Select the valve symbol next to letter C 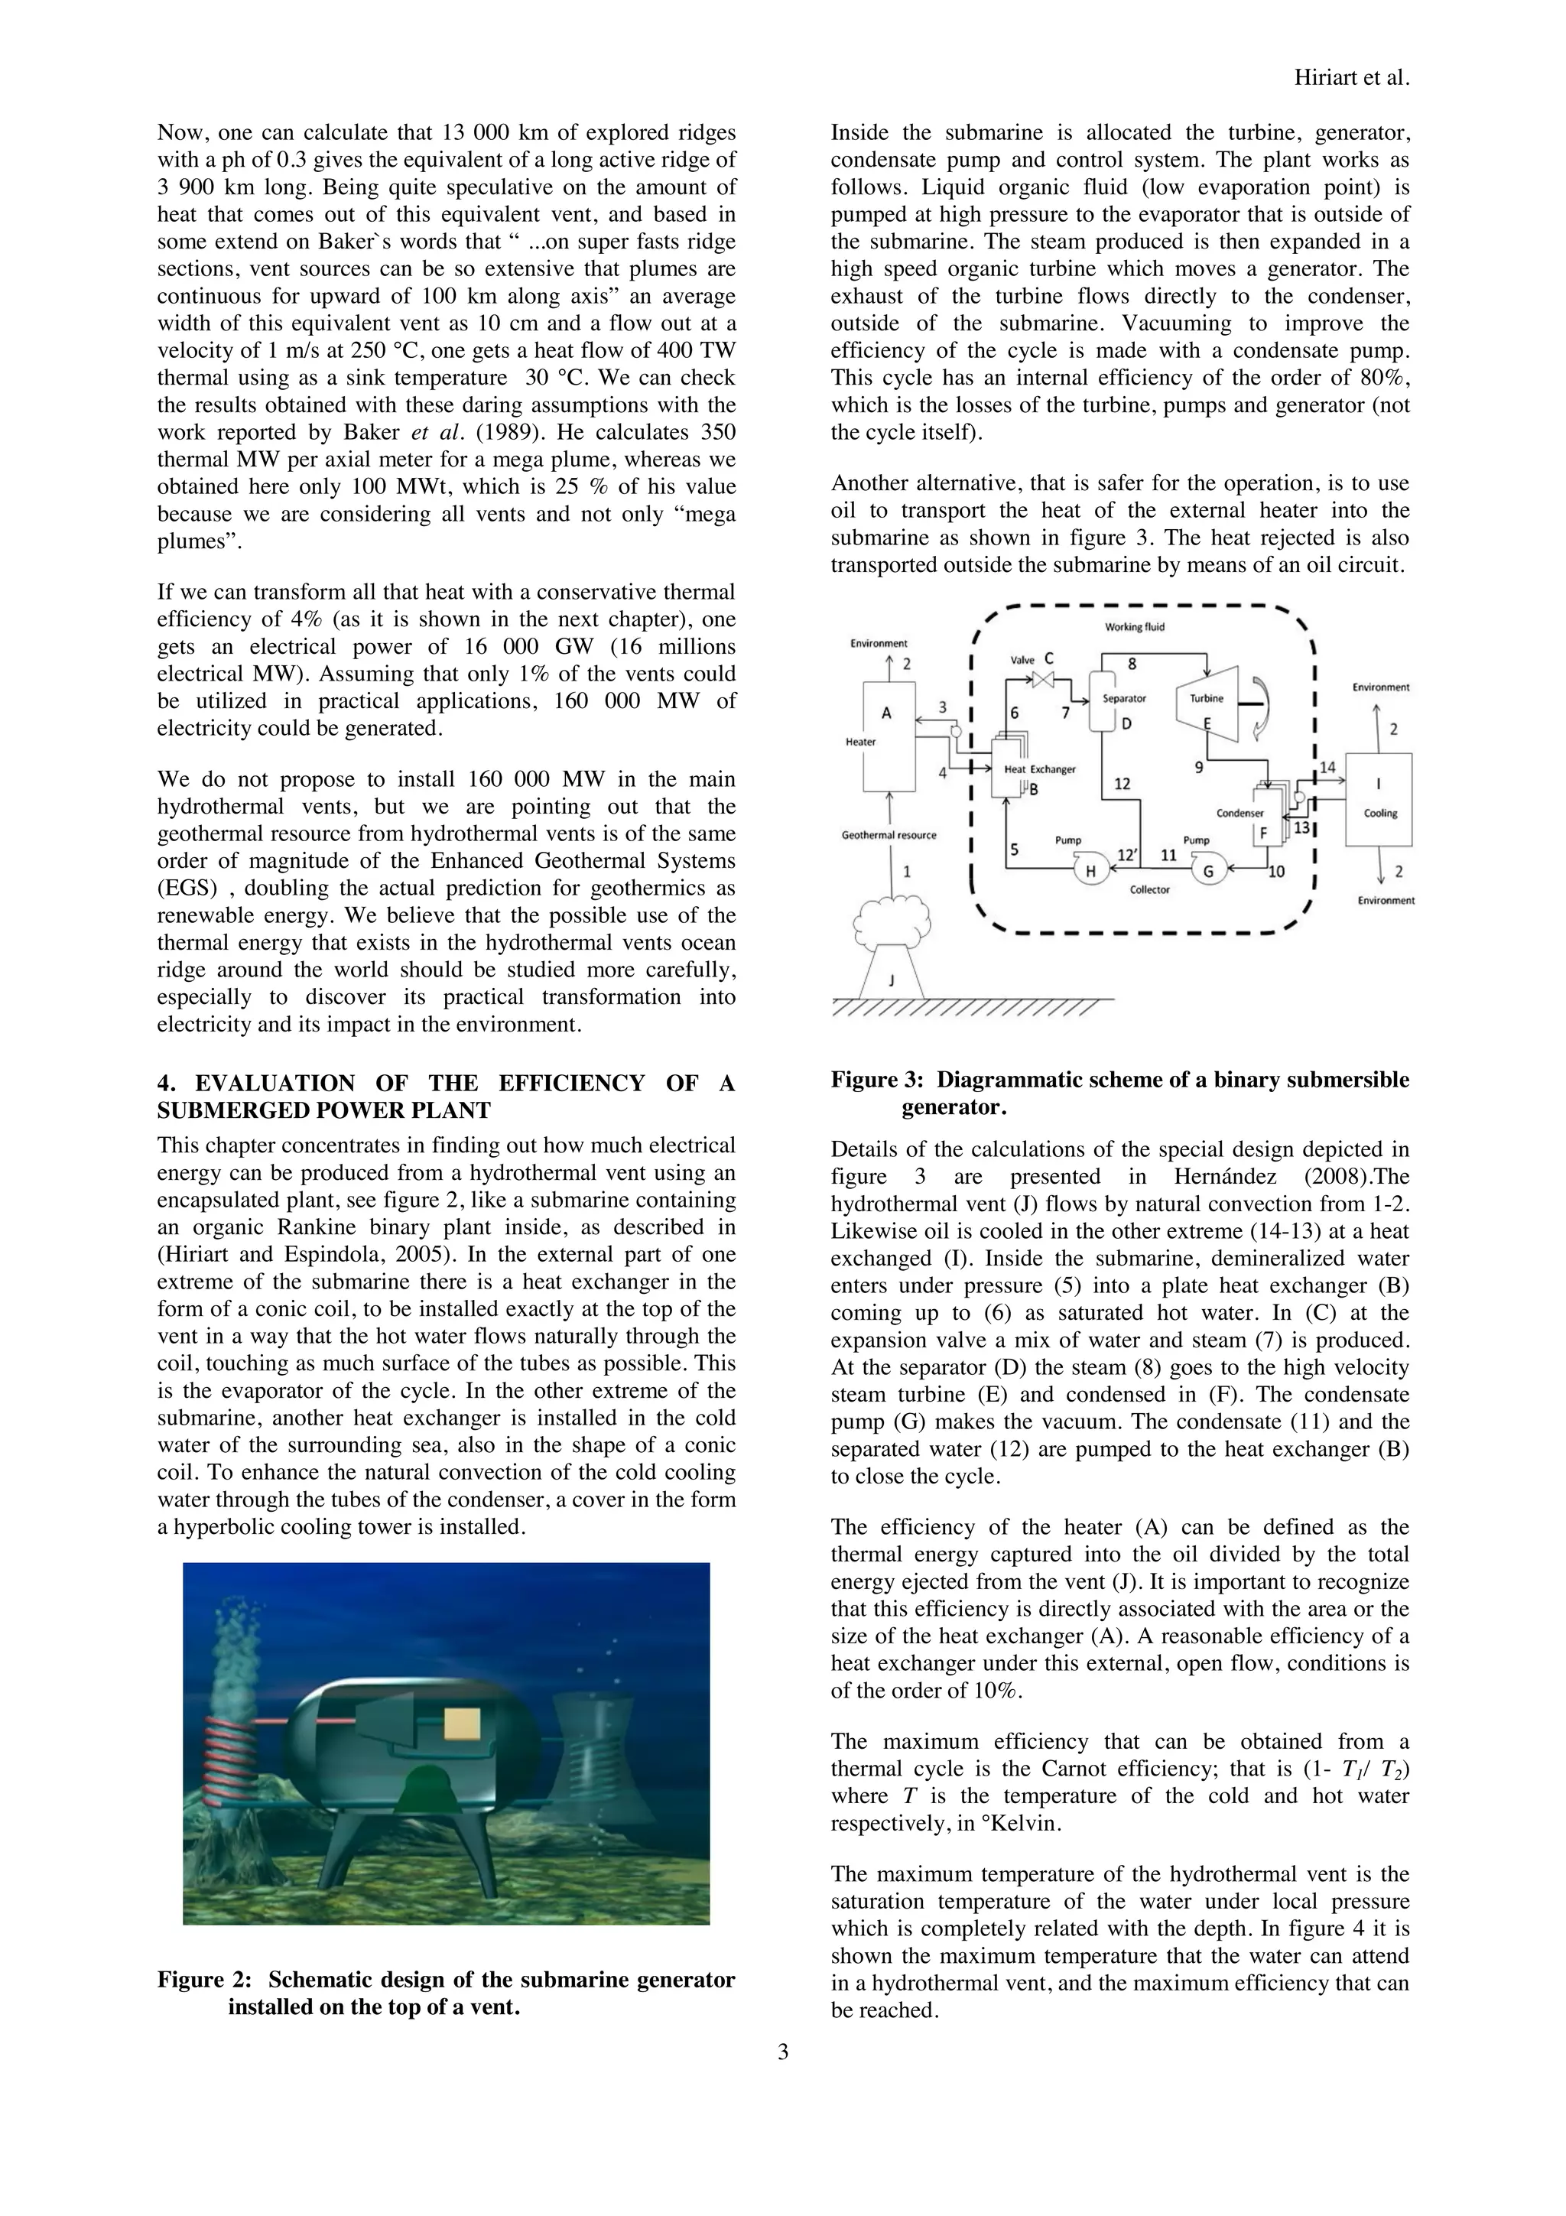[x=1043, y=680]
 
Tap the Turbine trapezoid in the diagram [x=1207, y=704]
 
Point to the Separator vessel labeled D [x=1102, y=702]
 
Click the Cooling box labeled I [x=1379, y=800]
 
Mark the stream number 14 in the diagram [x=1327, y=767]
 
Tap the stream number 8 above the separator [x=1132, y=664]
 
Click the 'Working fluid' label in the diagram [x=1135, y=627]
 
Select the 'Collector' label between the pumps [x=1149, y=890]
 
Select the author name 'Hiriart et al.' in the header [x=1351, y=80]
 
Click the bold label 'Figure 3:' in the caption [x=877, y=1080]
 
